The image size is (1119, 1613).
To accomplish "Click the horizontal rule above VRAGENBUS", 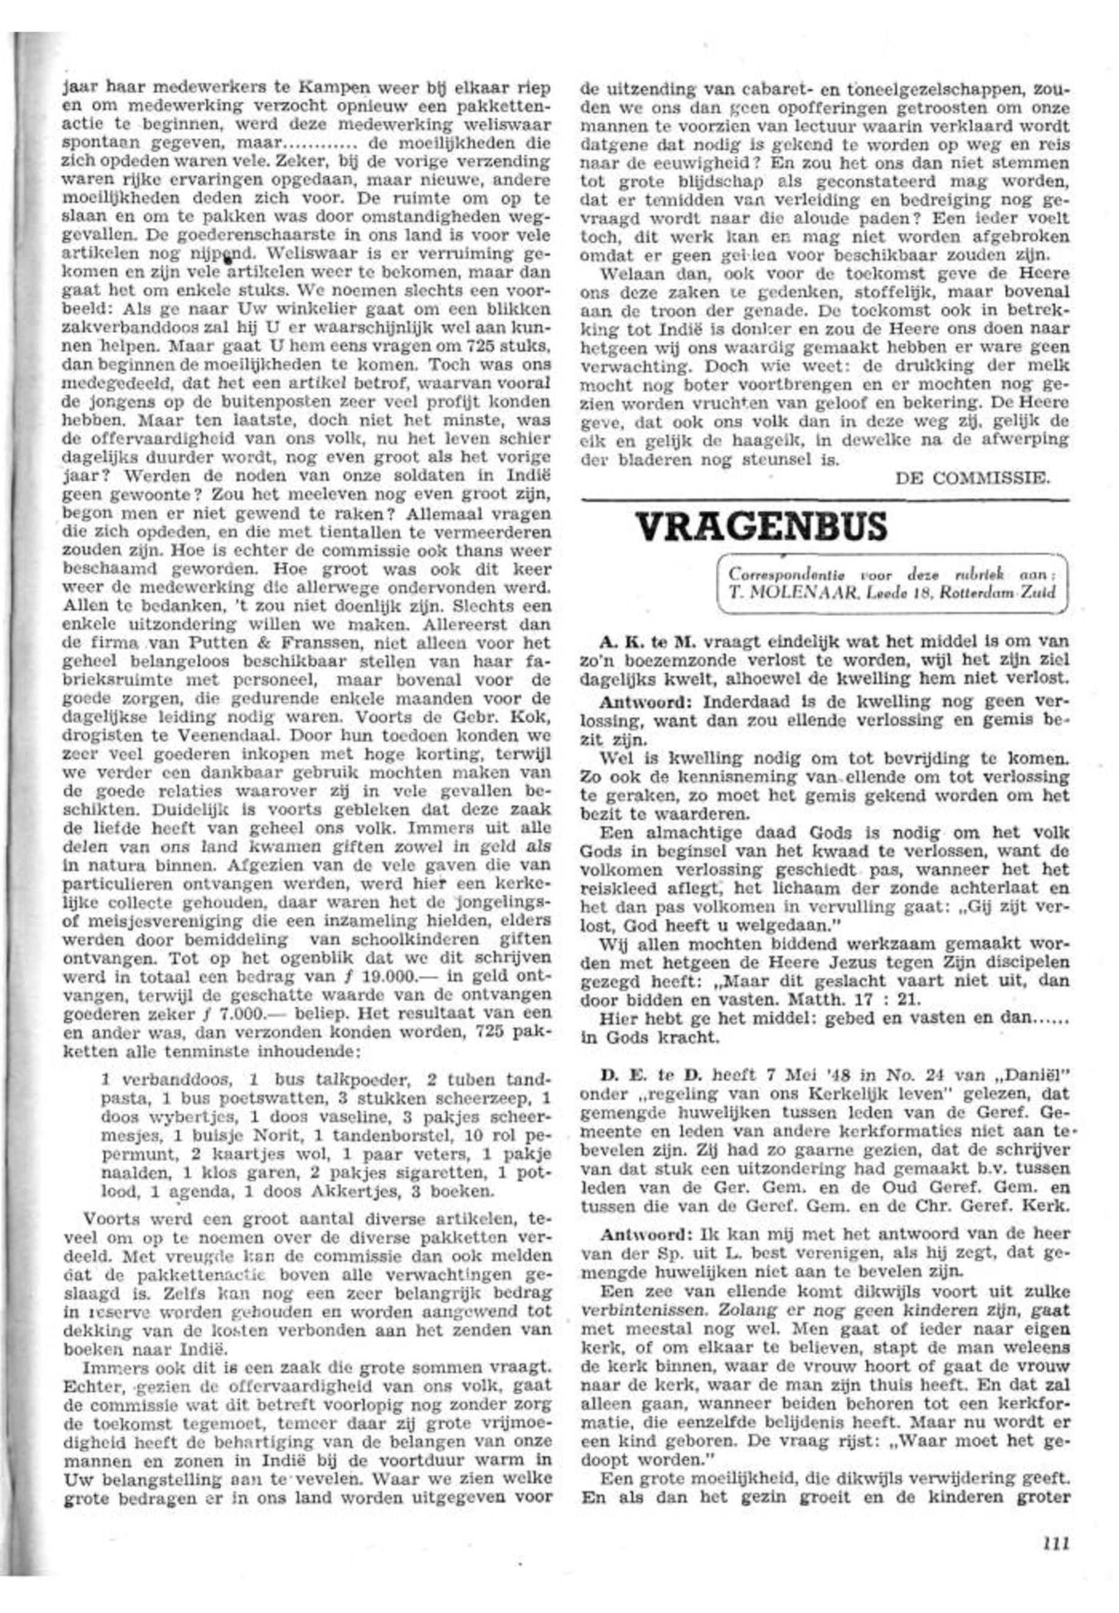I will [x=825, y=500].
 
